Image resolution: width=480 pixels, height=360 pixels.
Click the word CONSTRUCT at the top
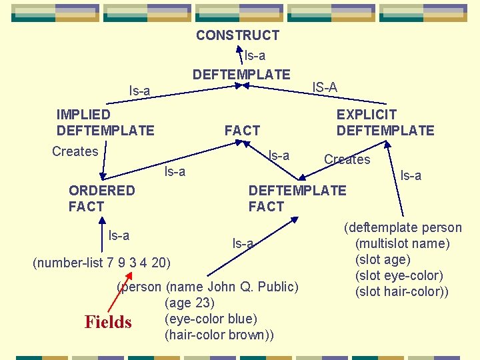click(237, 35)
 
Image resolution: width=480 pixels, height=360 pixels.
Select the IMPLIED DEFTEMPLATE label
click(105, 123)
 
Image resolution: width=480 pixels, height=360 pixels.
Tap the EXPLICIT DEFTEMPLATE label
click(385, 123)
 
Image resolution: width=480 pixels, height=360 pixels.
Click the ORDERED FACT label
click(101, 199)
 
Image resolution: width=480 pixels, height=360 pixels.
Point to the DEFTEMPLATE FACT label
click(297, 199)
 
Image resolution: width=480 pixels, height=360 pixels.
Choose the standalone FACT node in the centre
click(242, 131)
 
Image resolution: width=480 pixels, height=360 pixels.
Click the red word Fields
click(108, 323)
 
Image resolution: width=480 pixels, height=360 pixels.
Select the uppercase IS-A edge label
click(325, 87)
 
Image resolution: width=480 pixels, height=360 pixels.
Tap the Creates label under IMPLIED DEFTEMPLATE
click(75, 151)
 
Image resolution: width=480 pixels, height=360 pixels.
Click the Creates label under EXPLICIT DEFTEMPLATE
click(347, 159)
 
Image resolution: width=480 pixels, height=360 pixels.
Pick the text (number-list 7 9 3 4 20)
click(101, 262)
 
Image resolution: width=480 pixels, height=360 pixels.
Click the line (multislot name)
click(403, 243)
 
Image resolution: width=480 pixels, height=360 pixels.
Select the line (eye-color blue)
click(211, 319)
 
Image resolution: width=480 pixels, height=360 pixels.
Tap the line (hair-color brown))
click(219, 335)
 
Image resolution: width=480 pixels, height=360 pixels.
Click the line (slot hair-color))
click(402, 291)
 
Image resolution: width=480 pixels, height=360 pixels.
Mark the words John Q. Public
click(253, 287)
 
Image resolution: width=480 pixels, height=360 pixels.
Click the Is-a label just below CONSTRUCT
click(255, 56)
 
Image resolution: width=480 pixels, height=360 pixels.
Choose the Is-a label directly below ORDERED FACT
click(119, 235)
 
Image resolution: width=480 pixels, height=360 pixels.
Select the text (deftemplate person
click(403, 227)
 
